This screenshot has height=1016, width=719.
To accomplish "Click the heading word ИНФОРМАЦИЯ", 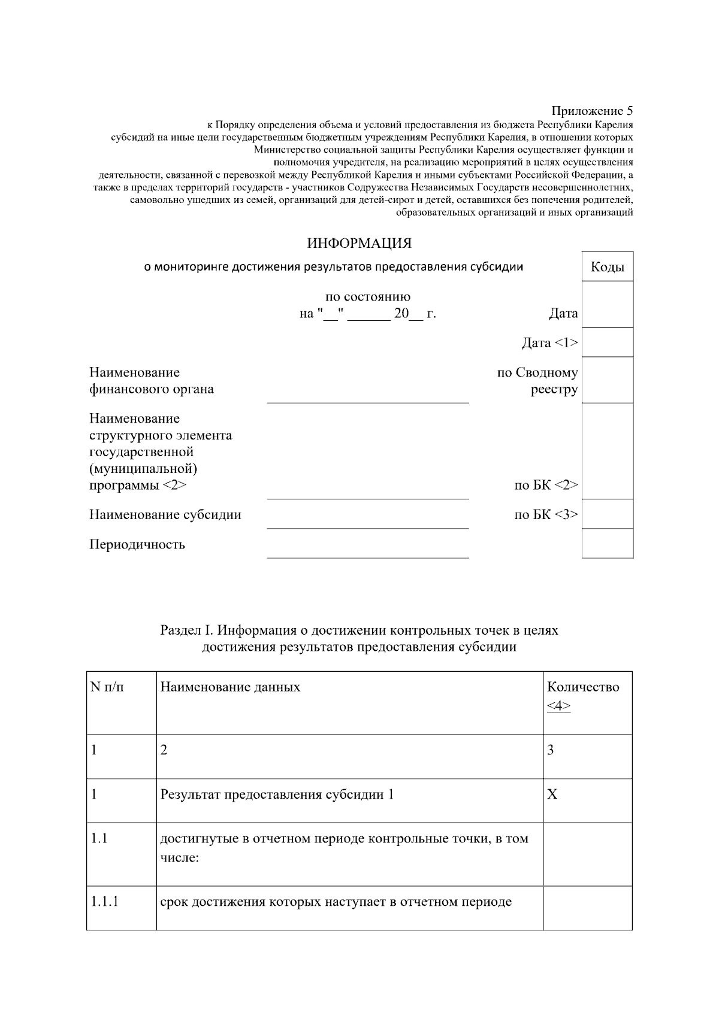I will [359, 244].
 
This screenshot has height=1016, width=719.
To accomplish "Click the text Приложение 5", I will [591, 111].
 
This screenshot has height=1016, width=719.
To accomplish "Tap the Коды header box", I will [607, 267].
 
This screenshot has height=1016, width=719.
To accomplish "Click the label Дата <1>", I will [549, 343].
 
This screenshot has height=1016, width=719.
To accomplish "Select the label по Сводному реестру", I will [537, 381].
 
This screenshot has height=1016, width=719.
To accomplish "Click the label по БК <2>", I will [546, 485].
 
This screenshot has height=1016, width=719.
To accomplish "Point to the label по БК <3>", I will [546, 514].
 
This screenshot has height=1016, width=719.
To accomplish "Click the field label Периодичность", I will [137, 544].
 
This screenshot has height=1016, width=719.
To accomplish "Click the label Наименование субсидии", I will [165, 514].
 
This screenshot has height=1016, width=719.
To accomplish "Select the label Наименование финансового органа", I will [152, 381].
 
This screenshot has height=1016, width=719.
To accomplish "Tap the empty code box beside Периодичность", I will [607, 543].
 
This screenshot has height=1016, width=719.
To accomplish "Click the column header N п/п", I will [107, 687].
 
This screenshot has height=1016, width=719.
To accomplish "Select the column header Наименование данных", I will [230, 687].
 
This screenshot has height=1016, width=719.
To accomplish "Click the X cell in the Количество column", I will [552, 794].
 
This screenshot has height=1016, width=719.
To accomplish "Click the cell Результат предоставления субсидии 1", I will [277, 794].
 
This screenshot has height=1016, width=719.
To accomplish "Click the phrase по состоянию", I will [367, 297].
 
